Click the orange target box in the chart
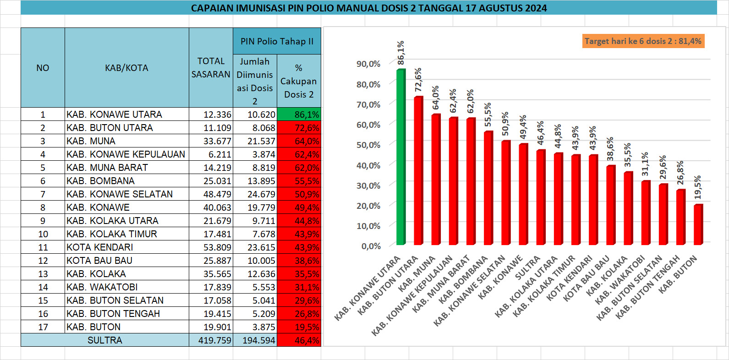pos(643,41)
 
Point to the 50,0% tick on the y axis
pos(368,145)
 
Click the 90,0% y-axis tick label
pos(368,64)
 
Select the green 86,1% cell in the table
pos(299,115)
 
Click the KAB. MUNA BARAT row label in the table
pos(107,168)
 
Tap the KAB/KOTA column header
pos(126,68)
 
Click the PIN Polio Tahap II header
pos(277,41)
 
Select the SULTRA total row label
pos(104,340)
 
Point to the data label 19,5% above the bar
pos(698,187)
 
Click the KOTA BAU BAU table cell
pos(99,261)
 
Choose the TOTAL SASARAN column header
pos(211,68)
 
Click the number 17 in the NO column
pos(43,327)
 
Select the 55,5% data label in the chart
pos(488,115)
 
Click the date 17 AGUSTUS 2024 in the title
pos(506,8)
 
